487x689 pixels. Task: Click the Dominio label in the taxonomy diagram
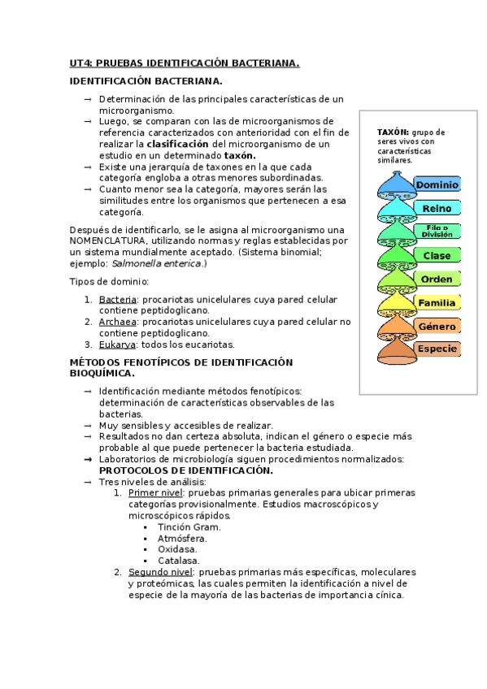(x=437, y=185)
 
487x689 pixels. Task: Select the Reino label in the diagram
(x=437, y=209)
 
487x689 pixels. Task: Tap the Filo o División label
(x=437, y=232)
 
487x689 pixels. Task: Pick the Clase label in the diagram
(x=437, y=256)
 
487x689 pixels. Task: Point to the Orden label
(x=437, y=279)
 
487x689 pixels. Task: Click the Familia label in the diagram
(x=437, y=303)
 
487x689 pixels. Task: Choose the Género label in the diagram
(x=437, y=326)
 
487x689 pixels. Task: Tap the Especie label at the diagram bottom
(x=437, y=349)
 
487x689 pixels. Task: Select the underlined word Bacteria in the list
(x=118, y=300)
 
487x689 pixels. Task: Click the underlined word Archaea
(x=118, y=322)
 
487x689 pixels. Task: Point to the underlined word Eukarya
(x=117, y=344)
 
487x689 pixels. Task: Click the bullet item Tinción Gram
(x=189, y=526)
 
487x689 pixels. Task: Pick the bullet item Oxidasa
(x=178, y=549)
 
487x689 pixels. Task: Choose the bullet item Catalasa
(x=179, y=561)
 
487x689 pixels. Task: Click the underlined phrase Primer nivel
(x=155, y=492)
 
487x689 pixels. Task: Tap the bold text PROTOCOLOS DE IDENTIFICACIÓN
(x=185, y=470)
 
